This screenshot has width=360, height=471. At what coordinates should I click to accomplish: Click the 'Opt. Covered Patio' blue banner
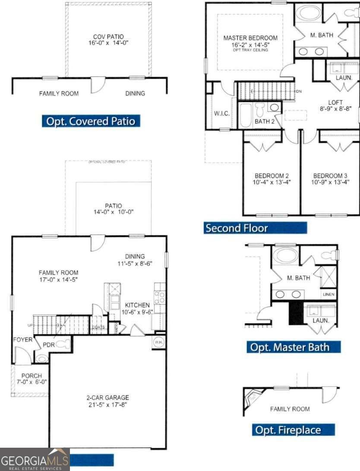coord(91,121)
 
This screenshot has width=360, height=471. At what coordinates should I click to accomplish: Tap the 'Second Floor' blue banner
coord(255,228)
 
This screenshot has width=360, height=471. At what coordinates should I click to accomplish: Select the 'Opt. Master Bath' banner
coord(294,347)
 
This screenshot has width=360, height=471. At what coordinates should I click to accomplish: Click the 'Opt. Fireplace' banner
coord(294,430)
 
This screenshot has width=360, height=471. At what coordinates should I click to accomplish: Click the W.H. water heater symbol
coord(158,342)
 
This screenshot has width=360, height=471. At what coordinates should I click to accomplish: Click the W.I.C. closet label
coord(221,113)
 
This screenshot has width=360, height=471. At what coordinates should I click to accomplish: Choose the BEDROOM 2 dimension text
coord(272,182)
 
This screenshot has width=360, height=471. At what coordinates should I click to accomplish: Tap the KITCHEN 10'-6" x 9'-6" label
coord(137,308)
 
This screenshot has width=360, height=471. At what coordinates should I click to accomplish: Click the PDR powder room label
coord(47,345)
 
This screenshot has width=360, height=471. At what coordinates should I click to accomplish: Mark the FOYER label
coord(22,339)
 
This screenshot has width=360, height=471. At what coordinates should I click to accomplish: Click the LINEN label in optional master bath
coord(328,295)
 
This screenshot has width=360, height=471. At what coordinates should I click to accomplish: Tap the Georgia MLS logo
coord(35,460)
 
